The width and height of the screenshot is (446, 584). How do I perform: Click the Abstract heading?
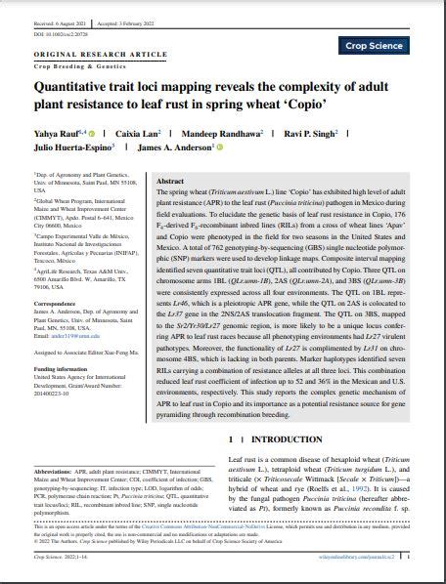coord(170,182)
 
